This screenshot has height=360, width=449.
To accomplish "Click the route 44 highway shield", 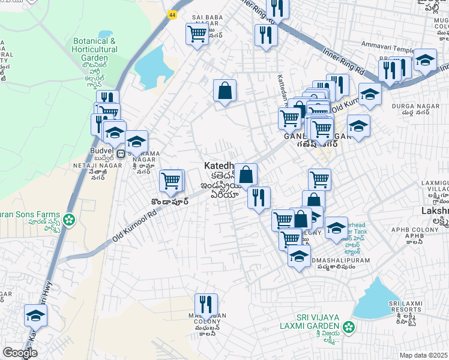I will pos(172,14).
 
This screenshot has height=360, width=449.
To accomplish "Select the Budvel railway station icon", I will pos(121,153).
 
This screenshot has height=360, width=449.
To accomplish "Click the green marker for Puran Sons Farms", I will pos(70,220).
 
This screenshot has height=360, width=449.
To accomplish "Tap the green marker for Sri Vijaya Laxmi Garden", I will pos(346,328).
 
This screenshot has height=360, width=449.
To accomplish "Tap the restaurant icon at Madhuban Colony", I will pos(205,304).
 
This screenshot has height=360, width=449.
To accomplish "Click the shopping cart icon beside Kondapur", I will pos(172,180).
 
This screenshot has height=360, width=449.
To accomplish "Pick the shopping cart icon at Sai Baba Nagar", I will pos(196,34).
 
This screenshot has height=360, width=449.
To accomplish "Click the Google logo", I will pos(20,353).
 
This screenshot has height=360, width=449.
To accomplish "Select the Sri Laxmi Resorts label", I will pos(402,310).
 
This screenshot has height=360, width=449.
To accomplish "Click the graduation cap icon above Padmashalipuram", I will pos(299,257).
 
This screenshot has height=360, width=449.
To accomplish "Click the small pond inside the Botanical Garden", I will pos(105,34).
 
